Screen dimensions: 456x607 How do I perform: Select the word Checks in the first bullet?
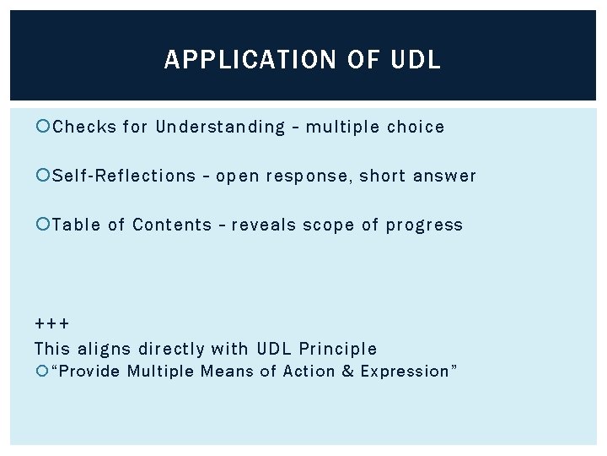pos(84,128)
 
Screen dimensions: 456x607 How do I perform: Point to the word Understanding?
pos(221,128)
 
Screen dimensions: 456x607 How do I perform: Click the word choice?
pos(416,128)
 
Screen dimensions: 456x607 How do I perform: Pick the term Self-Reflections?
pos(124,176)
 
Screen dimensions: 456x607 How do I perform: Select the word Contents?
pos(172,225)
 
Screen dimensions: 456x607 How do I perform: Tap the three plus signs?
pos(52,324)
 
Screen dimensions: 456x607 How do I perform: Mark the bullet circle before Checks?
pos(44,128)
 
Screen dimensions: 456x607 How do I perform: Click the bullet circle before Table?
pos(44,225)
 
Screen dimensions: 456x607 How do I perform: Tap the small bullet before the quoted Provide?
pos(43,372)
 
